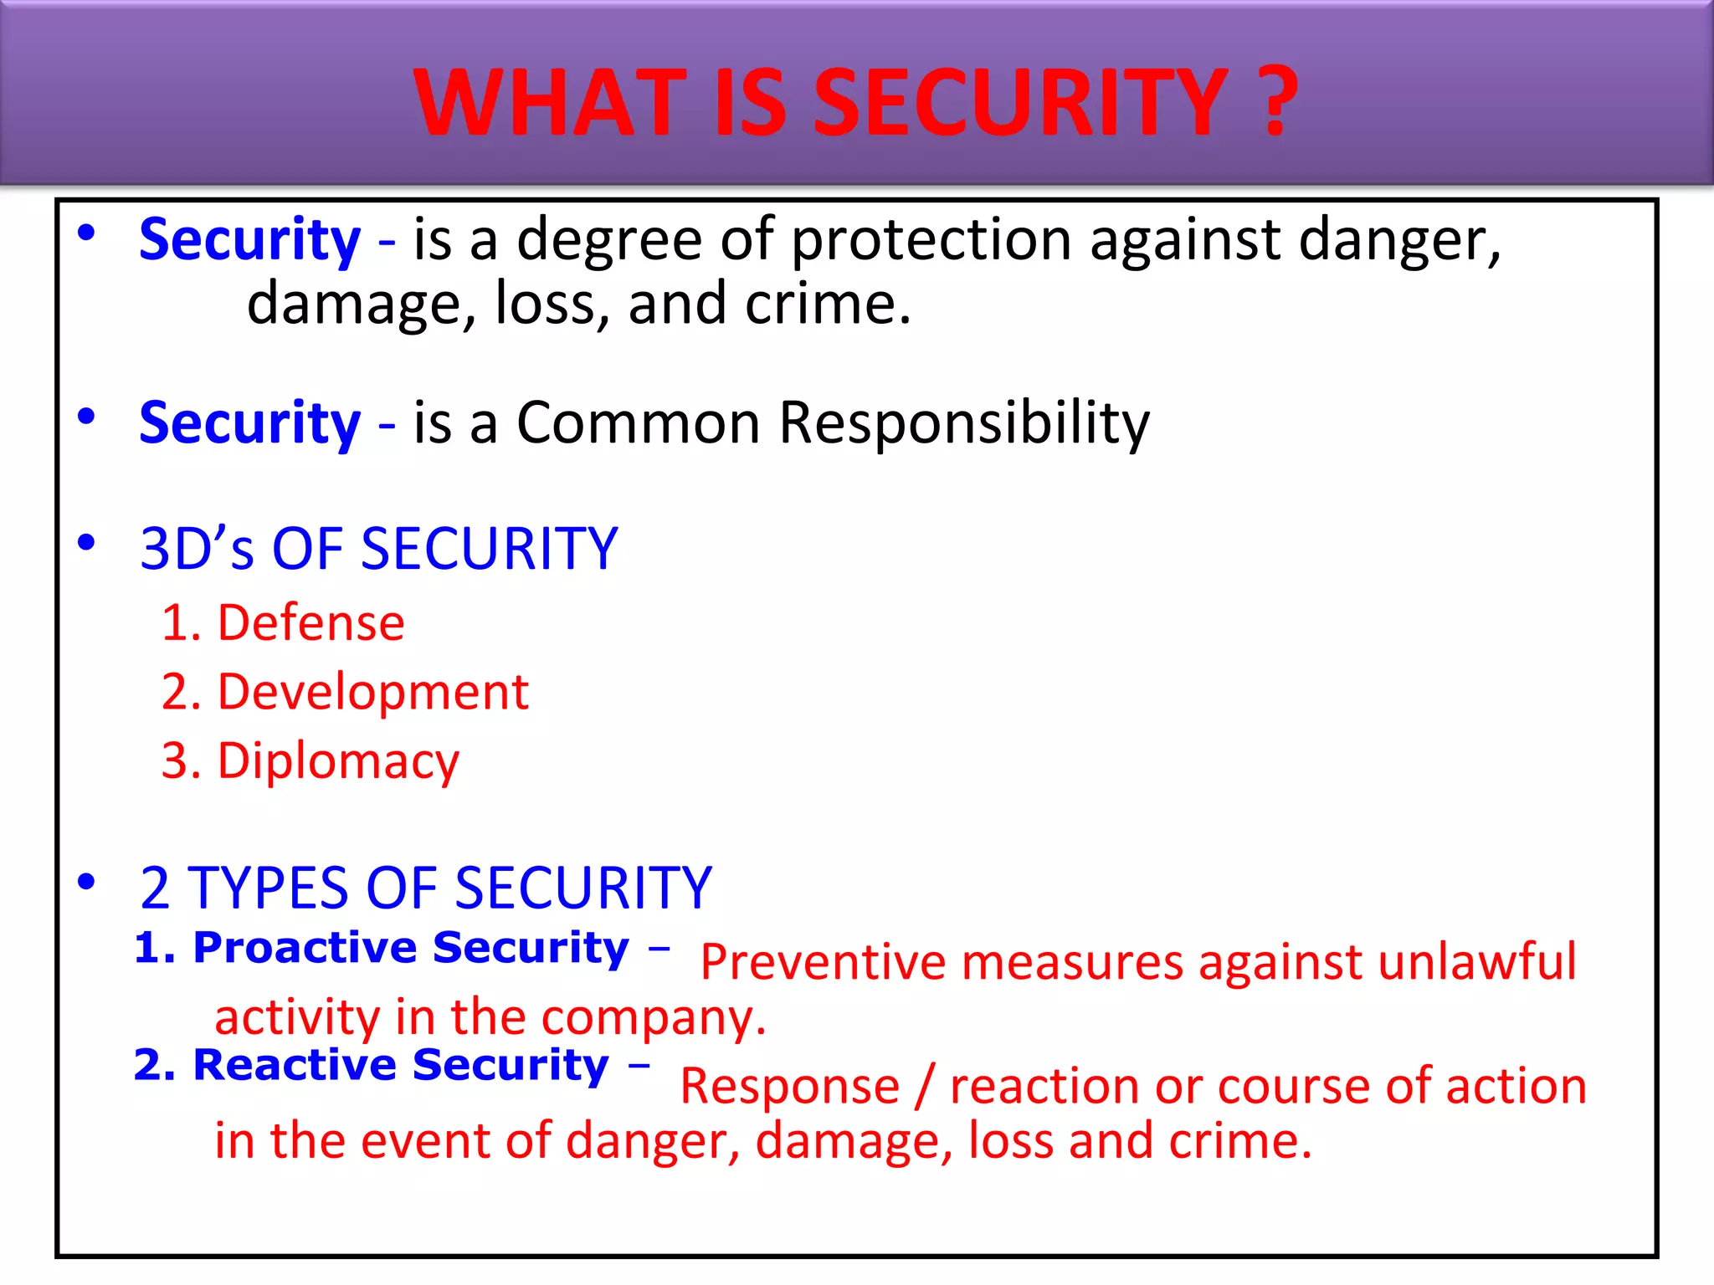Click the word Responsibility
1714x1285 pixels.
964,423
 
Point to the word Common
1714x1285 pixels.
638,422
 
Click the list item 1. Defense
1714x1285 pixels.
283,623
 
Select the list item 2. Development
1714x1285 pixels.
345,693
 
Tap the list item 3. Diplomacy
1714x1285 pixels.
310,762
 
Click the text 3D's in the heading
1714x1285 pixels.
197,550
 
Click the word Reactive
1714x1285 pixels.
295,1066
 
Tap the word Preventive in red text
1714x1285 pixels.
823,962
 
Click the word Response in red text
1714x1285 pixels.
789,1087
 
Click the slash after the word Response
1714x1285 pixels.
924,1087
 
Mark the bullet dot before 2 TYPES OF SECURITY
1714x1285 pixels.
86,882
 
